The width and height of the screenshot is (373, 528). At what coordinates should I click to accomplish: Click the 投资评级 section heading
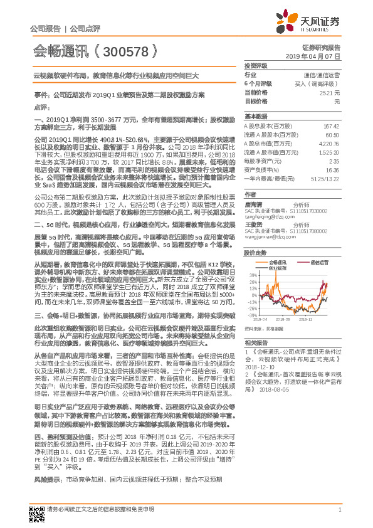tap(255, 65)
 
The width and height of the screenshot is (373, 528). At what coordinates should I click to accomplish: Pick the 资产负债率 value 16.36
tap(332, 169)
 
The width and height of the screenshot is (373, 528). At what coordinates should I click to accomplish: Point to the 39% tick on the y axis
tap(251, 275)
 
